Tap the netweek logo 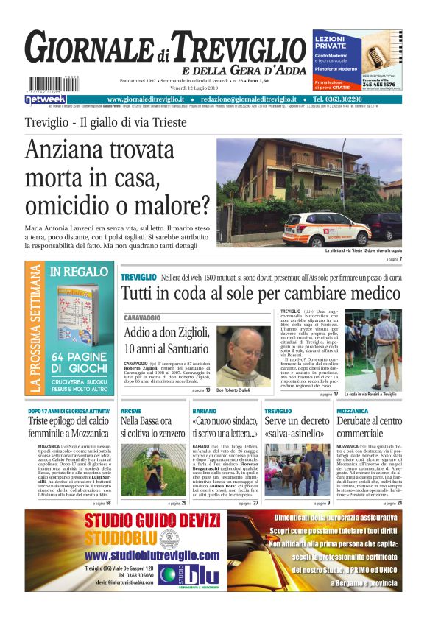45,99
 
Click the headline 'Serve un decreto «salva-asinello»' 294,427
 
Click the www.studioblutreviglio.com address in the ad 152,554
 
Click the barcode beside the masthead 40,85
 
